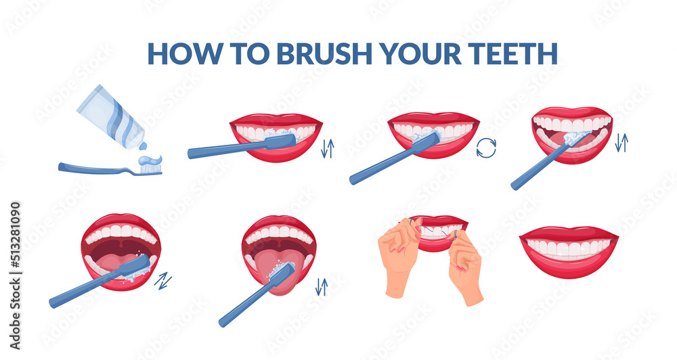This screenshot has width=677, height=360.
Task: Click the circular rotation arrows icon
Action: coord(485,148)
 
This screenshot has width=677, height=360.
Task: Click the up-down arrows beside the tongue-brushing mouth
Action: coord(322,286)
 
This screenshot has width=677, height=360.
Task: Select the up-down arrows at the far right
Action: coord(621,142)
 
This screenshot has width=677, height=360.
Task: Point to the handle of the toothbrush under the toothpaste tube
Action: coord(95,169)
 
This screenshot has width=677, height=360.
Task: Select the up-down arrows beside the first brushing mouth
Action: coord(327,148)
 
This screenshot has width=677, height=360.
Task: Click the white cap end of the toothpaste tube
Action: coord(141,144)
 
